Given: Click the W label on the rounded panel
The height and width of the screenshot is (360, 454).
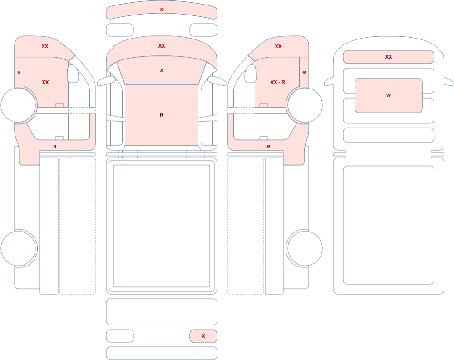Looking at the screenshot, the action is tap(389, 95).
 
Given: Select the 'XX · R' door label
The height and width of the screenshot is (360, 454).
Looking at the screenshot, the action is tap(278, 82).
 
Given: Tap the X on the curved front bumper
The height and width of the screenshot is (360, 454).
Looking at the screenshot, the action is tap(162, 10).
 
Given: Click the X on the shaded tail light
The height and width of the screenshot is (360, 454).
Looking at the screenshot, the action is tap(203, 336).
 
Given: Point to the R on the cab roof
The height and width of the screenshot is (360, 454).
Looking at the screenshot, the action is tap(162, 115).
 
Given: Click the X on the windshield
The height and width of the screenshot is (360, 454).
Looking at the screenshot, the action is tap(162, 70).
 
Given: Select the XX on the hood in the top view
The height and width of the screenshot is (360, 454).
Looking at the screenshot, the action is tap(162, 46).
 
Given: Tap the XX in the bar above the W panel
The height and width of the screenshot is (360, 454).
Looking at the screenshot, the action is tap(389, 57).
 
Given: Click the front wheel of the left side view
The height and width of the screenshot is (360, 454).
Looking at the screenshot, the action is tap(18, 105).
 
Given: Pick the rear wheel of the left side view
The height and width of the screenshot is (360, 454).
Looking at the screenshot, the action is tap(18, 248).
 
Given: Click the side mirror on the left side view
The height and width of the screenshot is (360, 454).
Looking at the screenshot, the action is tap(73, 74).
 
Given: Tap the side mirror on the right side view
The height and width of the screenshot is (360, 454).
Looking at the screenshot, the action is tap(251, 74).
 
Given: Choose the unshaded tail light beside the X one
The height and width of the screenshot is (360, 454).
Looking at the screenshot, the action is tap(120, 336).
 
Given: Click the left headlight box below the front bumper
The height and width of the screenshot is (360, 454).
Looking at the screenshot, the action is tap(120, 30).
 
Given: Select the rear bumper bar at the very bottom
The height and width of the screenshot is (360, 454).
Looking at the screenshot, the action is tap(162, 353).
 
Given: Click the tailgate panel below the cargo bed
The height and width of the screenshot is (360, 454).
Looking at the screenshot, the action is tap(162, 312).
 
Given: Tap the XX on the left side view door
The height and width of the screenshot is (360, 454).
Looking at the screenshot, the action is tap(45, 82).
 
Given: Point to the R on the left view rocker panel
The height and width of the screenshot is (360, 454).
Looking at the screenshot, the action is tap(55, 147).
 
